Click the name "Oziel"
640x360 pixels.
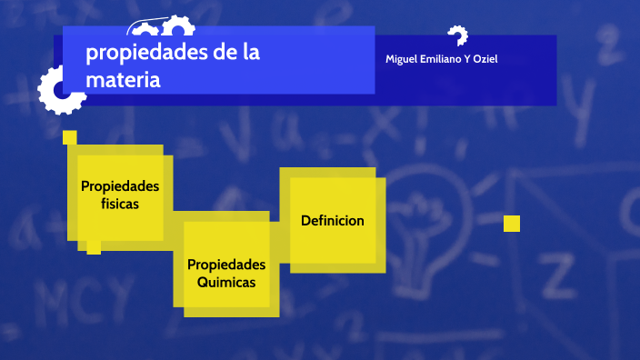[x=486, y=59]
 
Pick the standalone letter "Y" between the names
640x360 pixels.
[x=467, y=59]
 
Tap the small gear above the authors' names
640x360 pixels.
[x=456, y=35]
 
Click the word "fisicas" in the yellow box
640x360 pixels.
[x=120, y=204]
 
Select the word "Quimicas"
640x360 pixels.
[x=226, y=282]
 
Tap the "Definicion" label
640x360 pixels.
[x=333, y=220]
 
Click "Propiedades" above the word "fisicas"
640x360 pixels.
[x=120, y=186]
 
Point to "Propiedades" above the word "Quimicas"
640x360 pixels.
[x=226, y=265]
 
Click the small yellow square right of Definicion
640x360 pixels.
[x=512, y=224]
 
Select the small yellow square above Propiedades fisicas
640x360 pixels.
[x=69, y=137]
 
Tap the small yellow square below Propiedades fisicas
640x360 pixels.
[x=94, y=247]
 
